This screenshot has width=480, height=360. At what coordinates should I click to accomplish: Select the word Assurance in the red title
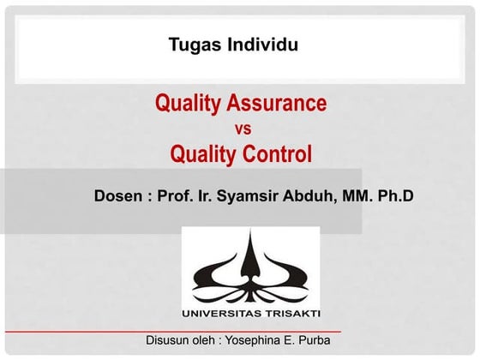[x=279, y=105]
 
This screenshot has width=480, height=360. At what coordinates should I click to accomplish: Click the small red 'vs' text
[x=242, y=129]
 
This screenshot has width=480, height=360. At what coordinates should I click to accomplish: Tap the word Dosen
[x=118, y=195]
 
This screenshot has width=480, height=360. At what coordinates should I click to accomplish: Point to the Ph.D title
[x=395, y=195]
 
